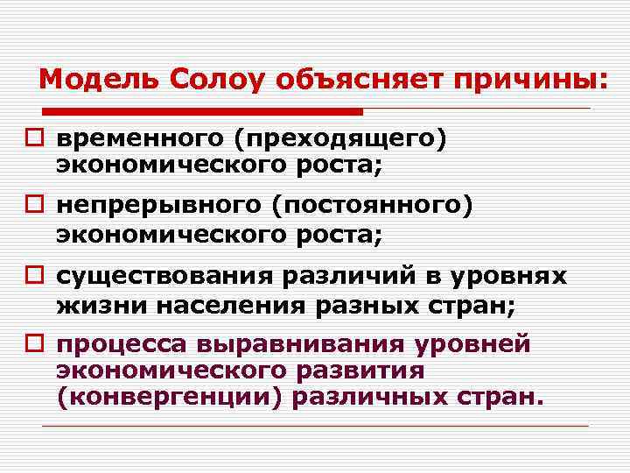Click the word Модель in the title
[x=88, y=80]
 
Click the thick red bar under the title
[x=202, y=112]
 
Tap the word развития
[x=360, y=371]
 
